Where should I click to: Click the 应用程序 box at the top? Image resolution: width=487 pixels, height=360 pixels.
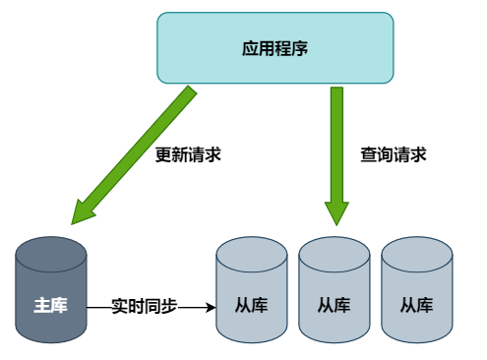coord(274,47)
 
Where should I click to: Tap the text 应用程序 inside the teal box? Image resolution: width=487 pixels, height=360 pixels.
coord(274,47)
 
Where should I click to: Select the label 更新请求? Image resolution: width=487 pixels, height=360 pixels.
coord(188,154)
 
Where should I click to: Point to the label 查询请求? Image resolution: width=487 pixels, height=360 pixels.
coord(393,154)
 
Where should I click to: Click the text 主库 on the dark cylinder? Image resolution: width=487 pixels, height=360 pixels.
coord(51,305)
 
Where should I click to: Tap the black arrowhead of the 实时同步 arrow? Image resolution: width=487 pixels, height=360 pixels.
coord(210,307)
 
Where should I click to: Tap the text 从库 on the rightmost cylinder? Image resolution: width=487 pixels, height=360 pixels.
coord(416,305)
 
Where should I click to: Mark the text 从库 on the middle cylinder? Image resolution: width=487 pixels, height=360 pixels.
coord(334,305)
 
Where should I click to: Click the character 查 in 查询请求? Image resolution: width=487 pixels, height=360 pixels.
coord(368,154)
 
